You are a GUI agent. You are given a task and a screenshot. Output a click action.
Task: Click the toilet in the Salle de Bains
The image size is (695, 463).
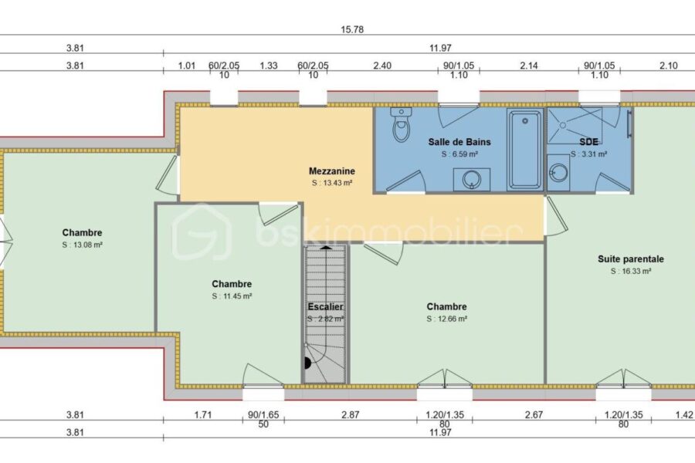point(401,124)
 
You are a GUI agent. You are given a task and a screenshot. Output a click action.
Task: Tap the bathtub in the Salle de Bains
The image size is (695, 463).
point(525,149)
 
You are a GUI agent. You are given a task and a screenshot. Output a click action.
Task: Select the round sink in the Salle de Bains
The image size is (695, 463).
point(472,180)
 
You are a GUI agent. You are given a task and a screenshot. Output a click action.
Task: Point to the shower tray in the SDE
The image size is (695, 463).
point(575,126)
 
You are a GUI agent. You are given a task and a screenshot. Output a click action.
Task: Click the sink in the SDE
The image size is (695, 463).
point(558,172)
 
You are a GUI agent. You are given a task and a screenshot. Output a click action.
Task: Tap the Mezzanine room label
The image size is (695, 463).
point(332,171)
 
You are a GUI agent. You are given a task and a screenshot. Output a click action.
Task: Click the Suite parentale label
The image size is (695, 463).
point(631,259)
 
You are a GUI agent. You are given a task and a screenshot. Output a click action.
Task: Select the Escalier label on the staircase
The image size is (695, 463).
point(325,306)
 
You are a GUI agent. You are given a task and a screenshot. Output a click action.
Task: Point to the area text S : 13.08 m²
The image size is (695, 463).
point(83,245)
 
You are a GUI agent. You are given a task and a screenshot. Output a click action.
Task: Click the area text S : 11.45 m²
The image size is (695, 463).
point(232,296)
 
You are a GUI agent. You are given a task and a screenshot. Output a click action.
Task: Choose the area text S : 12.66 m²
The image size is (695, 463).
point(447,319)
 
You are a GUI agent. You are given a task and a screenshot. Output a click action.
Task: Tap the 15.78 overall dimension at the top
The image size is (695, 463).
point(352,29)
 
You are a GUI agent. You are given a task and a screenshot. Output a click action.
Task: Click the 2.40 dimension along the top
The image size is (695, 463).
point(382,66)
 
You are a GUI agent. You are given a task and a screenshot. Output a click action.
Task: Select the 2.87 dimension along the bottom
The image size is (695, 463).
point(350,414)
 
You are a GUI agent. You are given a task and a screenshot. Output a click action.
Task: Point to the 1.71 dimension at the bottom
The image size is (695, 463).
point(203,414)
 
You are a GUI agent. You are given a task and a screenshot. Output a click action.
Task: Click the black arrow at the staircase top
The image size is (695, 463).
point(326,247)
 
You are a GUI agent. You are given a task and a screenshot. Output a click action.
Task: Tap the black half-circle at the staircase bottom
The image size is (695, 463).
point(307,363)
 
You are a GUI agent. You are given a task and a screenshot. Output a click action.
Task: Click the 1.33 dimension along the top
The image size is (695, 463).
point(269,66)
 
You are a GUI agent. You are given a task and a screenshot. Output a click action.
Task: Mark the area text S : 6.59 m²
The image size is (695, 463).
point(459,154)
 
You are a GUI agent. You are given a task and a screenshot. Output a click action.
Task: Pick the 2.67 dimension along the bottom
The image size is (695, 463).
point(534,414)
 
